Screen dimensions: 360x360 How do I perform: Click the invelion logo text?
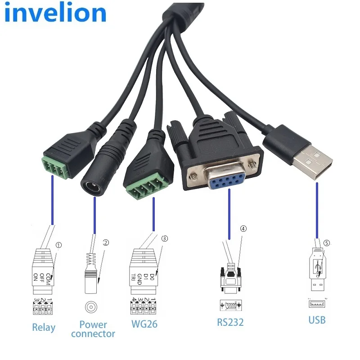point(55,13)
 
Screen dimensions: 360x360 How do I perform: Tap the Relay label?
point(44,327)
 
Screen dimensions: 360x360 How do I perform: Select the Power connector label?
point(93,329)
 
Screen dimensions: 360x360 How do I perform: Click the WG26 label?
point(144,323)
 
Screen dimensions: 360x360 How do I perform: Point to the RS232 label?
point(230,322)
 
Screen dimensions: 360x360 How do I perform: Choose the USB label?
point(317,320)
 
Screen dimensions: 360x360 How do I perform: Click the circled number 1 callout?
point(58,245)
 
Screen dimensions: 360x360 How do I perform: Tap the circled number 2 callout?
point(106,243)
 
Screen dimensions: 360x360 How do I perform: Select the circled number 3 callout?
point(164,238)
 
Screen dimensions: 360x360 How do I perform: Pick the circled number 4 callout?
point(243,229)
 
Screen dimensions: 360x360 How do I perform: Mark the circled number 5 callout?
point(326,243)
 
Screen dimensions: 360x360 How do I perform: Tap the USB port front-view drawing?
point(317,304)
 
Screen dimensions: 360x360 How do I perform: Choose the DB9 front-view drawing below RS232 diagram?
point(231,306)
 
